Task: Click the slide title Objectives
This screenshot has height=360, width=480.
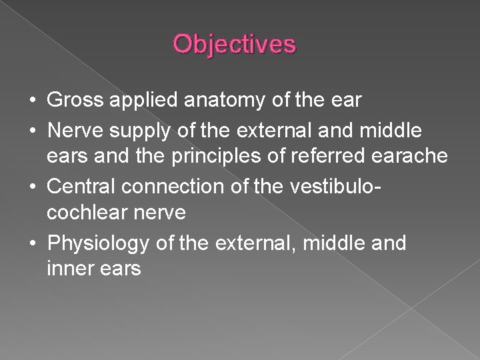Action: tap(234, 45)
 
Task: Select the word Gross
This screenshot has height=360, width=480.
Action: tap(73, 101)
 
